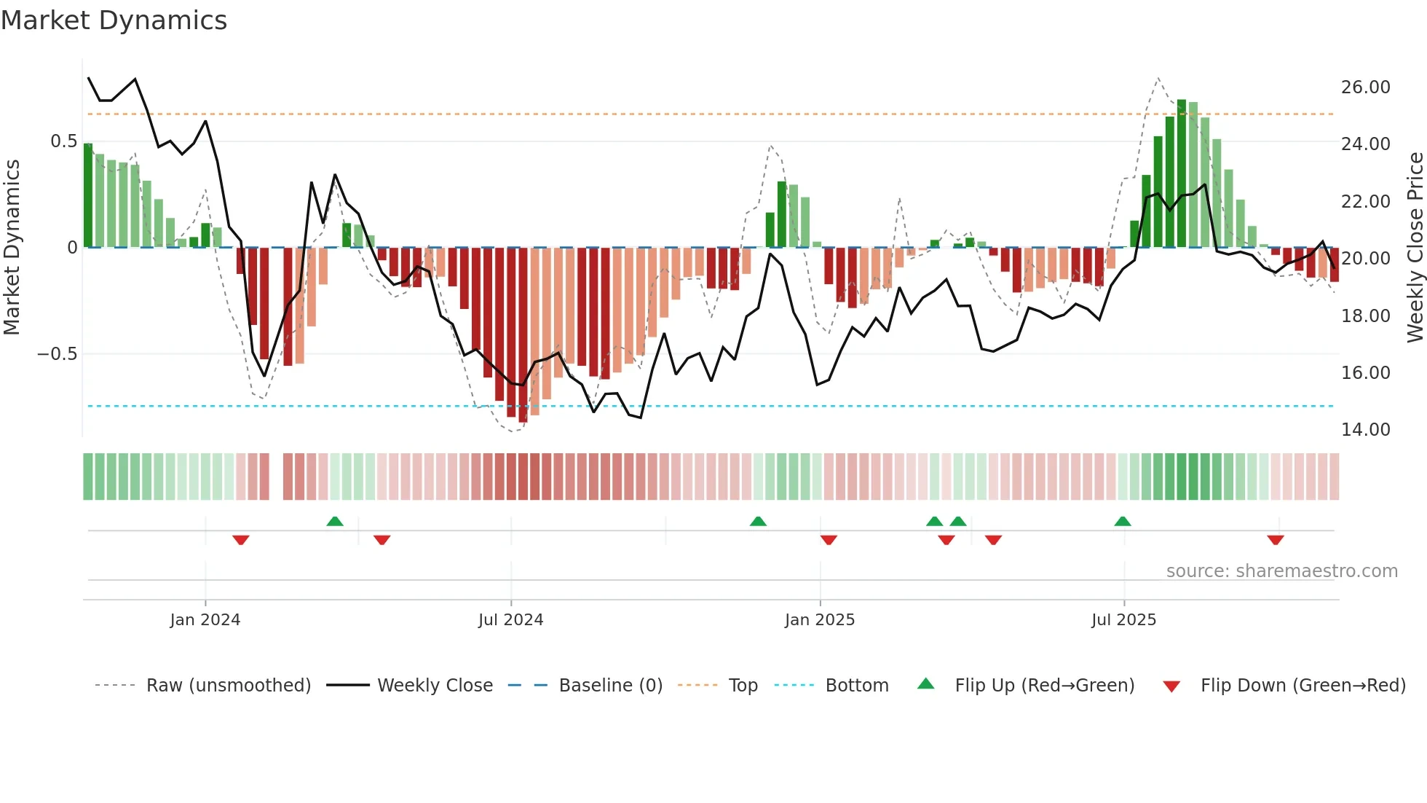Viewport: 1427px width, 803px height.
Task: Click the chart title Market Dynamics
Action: pyautogui.click(x=114, y=20)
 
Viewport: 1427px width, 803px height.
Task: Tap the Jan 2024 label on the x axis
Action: pyautogui.click(x=205, y=620)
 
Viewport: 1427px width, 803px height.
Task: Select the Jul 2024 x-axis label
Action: pyautogui.click(x=510, y=620)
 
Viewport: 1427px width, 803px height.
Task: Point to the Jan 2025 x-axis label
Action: pyautogui.click(x=820, y=620)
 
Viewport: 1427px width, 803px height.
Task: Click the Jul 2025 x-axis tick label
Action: pyautogui.click(x=1123, y=620)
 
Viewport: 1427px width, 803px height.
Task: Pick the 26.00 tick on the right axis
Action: pyautogui.click(x=1365, y=87)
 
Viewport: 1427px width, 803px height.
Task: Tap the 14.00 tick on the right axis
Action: pyautogui.click(x=1365, y=430)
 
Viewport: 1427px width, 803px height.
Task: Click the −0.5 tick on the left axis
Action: pyautogui.click(x=57, y=354)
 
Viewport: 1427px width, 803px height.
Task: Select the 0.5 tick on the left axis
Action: pyautogui.click(x=63, y=141)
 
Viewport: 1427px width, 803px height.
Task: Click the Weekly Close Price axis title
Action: pyautogui.click(x=1415, y=248)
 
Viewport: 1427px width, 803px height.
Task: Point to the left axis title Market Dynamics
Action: pyautogui.click(x=12, y=248)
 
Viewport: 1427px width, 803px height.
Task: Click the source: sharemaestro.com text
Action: pyautogui.click(x=1281, y=571)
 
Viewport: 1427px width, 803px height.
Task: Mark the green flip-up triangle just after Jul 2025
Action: pyautogui.click(x=1123, y=521)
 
